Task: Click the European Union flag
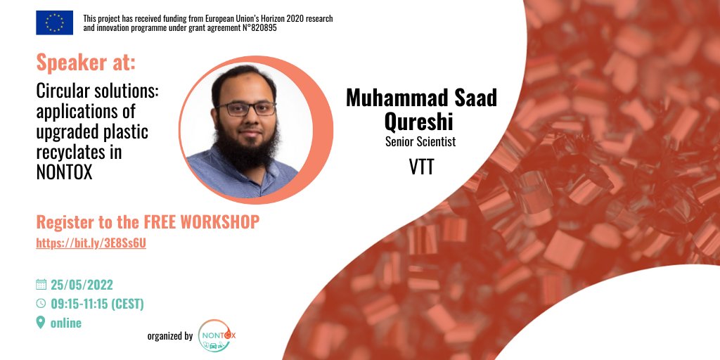point(54,23)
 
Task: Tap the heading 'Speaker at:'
point(86,63)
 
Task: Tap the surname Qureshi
point(420,121)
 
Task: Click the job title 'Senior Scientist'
point(420,142)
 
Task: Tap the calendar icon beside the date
point(41,285)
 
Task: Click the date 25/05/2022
point(82,285)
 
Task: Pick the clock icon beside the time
point(41,304)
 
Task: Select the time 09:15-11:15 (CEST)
point(97,304)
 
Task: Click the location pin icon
point(41,323)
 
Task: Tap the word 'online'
point(66,323)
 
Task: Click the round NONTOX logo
point(217,336)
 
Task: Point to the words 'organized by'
point(169,336)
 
